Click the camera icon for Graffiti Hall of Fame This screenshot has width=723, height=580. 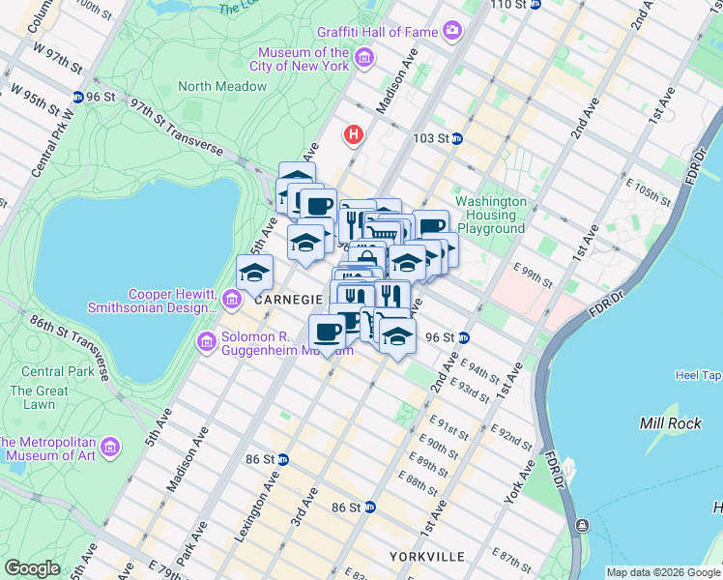tap(452, 32)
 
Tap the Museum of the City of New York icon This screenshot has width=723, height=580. tap(364, 59)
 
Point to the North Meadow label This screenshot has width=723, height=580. tap(222, 86)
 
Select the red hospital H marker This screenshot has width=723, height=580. tap(355, 133)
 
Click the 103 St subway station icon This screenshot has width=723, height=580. tap(457, 138)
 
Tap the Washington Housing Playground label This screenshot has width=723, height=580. tap(491, 215)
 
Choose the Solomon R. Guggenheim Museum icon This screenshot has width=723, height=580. tap(206, 341)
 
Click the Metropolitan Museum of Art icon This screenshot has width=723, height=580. tap(110, 447)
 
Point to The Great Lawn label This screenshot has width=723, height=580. tap(39, 397)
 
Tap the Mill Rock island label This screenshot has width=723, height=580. tap(663, 423)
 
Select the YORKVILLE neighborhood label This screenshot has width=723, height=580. tap(426, 557)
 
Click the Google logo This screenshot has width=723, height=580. tap(32, 568)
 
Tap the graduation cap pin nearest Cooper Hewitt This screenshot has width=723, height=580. tap(254, 273)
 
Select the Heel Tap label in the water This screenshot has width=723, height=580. tap(699, 375)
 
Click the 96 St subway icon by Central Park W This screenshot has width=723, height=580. tap(76, 97)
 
